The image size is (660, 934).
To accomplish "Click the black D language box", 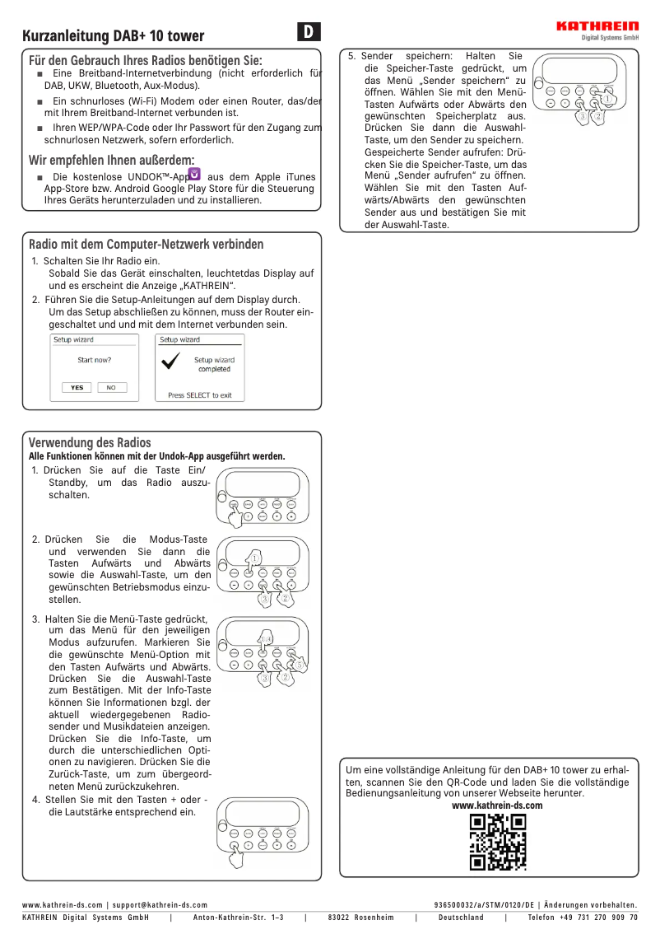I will (x=308, y=32).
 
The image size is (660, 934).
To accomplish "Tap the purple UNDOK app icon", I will (x=194, y=174).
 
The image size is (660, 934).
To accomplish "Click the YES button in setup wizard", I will (x=77, y=387).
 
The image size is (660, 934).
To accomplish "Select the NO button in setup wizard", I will (x=111, y=387).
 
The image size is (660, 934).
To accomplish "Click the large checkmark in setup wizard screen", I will (x=172, y=363).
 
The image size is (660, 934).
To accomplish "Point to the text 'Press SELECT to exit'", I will (x=200, y=395).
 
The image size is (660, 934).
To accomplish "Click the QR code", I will (x=497, y=842).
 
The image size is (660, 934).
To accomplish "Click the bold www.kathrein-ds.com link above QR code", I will (x=497, y=805).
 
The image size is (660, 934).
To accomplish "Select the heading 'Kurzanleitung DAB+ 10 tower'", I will (x=114, y=36).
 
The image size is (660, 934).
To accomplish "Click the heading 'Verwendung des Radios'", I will (x=90, y=443).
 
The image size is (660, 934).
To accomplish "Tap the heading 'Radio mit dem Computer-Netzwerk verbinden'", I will (x=146, y=244).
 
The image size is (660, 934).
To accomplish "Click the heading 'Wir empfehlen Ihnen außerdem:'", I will (x=112, y=160).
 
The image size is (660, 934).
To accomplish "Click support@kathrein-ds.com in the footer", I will (x=160, y=904).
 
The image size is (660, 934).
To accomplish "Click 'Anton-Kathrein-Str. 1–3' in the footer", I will (x=238, y=917).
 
